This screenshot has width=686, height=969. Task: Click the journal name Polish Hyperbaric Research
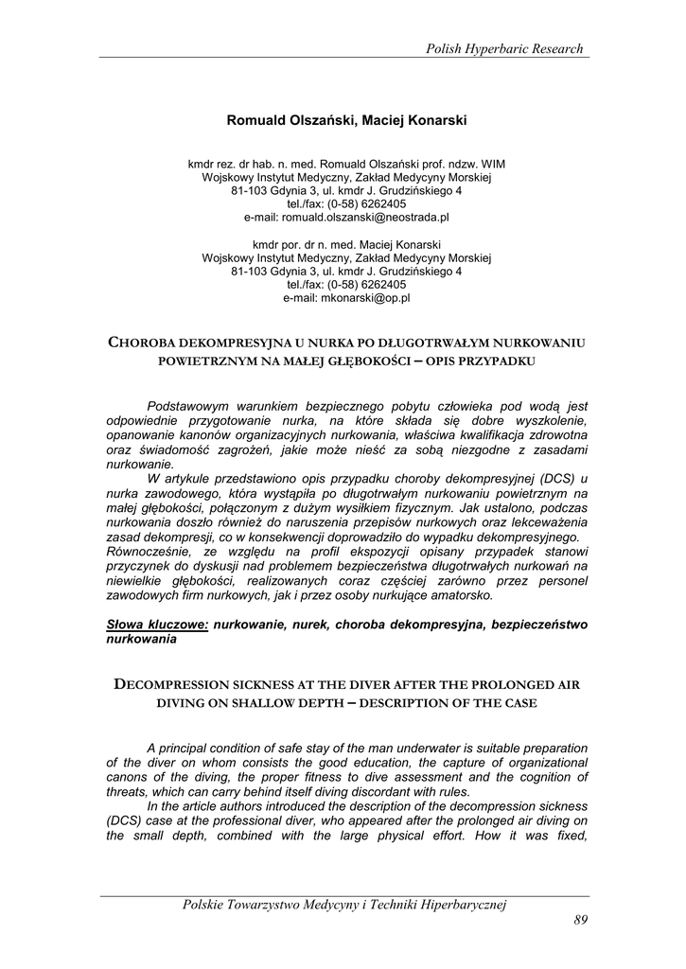505,48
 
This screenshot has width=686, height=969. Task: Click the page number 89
581,921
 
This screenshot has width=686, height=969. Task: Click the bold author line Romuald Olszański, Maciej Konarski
347,120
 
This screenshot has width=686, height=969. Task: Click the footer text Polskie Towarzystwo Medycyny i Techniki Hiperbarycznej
344,905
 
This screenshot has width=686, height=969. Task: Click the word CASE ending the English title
513,703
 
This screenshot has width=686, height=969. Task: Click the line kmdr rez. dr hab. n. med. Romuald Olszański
346,164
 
